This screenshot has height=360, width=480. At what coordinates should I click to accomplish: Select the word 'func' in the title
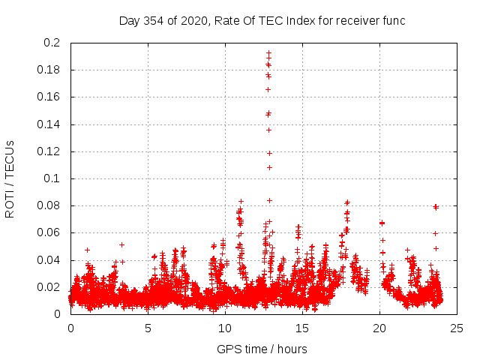392,21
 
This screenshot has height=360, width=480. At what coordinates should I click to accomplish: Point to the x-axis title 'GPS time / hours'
262,349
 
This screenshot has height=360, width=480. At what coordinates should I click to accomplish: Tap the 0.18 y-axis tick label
48,70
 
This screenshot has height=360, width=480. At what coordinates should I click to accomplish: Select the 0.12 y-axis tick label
48,151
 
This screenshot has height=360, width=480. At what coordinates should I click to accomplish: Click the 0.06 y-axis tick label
48,232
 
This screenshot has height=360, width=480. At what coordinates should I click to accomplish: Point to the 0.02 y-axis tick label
48,287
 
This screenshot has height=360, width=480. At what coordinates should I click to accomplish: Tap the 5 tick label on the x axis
148,328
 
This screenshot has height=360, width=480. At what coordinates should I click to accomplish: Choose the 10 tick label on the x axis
225,328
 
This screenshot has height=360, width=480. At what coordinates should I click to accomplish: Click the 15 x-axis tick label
302,328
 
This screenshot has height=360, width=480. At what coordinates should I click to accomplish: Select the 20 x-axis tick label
379,328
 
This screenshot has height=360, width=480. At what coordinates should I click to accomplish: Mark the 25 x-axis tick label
457,328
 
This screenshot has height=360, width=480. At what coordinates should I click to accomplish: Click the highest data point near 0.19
268,52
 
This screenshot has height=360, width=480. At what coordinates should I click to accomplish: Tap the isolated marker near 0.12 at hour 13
268,153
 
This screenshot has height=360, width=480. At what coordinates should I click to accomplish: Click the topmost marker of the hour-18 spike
347,202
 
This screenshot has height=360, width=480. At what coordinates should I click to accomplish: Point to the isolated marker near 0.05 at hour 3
121,244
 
